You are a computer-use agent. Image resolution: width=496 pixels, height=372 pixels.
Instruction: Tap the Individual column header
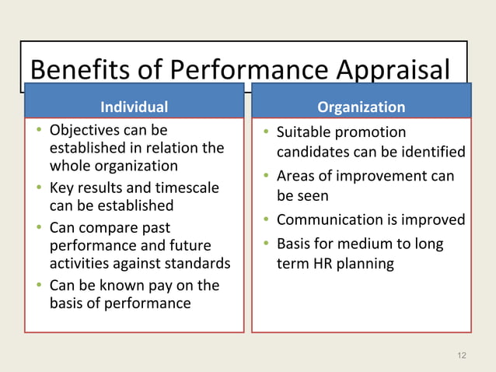(x=134, y=107)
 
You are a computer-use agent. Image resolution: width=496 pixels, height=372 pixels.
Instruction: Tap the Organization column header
(x=362, y=107)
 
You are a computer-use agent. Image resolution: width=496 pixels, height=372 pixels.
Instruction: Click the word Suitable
(x=305, y=132)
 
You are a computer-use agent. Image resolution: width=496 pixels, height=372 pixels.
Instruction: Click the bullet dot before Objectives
(x=38, y=129)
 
